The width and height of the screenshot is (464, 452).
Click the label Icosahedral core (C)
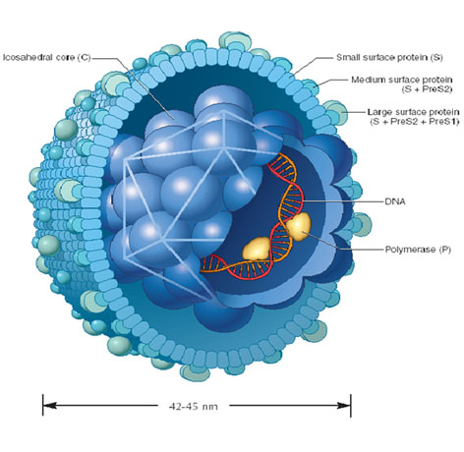46,58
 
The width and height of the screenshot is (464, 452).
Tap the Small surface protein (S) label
389,58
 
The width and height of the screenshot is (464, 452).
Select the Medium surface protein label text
402,80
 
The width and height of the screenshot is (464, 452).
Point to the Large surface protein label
413,112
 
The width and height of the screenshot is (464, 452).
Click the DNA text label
395,201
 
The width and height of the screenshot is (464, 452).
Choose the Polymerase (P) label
418,250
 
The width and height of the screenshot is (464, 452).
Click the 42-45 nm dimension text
194,407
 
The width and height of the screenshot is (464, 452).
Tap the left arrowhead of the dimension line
50,406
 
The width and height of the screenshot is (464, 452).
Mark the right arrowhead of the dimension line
344,406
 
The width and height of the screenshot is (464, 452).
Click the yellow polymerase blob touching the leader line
298,226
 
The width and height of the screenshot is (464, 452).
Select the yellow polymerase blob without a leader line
257,250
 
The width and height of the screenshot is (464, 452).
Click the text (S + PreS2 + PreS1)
415,122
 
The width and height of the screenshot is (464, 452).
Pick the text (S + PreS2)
428,89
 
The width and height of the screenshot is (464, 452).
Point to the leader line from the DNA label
343,201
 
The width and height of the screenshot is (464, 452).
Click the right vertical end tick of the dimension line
351,406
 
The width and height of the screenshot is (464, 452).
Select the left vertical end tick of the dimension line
43,406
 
